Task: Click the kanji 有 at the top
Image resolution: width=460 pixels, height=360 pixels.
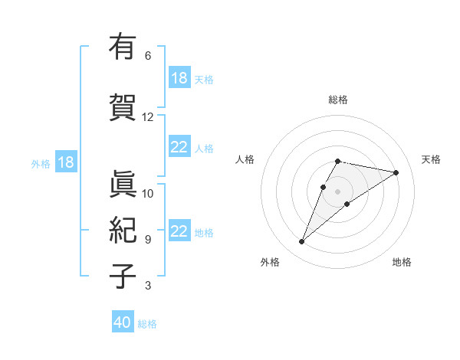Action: pos(122,47)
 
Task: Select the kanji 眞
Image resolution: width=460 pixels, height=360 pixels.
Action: pos(122,185)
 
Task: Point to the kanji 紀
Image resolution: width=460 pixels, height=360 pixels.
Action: pos(122,231)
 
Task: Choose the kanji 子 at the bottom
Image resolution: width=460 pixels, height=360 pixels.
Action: pos(122,277)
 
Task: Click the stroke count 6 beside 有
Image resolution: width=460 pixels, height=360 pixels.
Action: pos(148,56)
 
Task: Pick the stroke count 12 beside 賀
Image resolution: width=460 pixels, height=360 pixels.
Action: pos(148,117)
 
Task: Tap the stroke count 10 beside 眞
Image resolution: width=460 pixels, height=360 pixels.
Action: pos(148,193)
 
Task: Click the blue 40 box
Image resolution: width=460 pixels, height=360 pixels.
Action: pos(123,322)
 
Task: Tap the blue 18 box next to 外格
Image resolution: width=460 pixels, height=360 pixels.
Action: pos(66,162)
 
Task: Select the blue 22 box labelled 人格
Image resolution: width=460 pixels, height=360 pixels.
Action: pos(179,147)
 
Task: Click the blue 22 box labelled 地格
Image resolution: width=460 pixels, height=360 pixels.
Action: pos(179,231)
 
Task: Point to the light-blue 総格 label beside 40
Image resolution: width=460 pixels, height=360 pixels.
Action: pos(147,324)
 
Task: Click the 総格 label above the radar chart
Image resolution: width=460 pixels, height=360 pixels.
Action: pos(338,100)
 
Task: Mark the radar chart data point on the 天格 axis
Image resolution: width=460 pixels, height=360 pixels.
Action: pos(396,172)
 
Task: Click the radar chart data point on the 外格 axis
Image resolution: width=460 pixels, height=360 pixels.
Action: pos(301,242)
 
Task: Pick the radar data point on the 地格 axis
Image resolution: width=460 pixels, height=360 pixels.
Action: pos(347,204)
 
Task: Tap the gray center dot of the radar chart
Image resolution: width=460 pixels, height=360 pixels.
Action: pos(337,191)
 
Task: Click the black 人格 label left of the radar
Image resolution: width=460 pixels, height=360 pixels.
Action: pos(245,159)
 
